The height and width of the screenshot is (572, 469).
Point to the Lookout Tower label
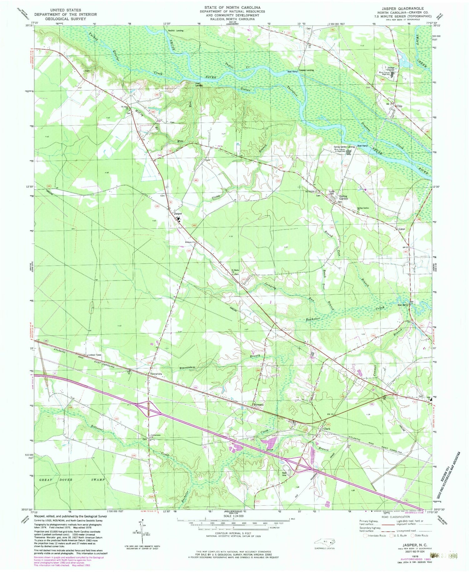coord(95,355)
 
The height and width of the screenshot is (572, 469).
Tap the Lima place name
coord(402,229)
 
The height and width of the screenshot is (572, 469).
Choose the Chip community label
coord(399,106)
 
